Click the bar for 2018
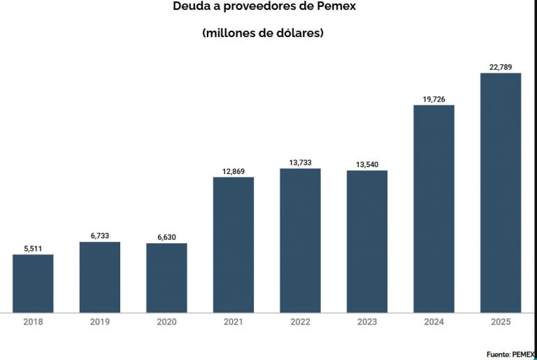(x=33, y=283)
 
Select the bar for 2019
(x=99, y=277)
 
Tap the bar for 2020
(x=166, y=278)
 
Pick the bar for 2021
(x=234, y=245)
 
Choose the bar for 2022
(x=300, y=240)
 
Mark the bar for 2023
(x=367, y=241)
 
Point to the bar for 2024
(x=434, y=208)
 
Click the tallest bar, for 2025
(x=501, y=192)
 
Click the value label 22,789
(x=501, y=67)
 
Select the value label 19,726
(x=434, y=99)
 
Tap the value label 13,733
(x=300, y=163)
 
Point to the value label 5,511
(x=33, y=248)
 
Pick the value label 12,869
(x=234, y=171)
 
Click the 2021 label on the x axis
(x=234, y=322)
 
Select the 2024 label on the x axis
(x=434, y=322)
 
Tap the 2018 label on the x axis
(x=33, y=322)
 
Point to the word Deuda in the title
(x=189, y=8)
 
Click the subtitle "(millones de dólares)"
(x=262, y=33)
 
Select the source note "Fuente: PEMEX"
(x=510, y=354)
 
